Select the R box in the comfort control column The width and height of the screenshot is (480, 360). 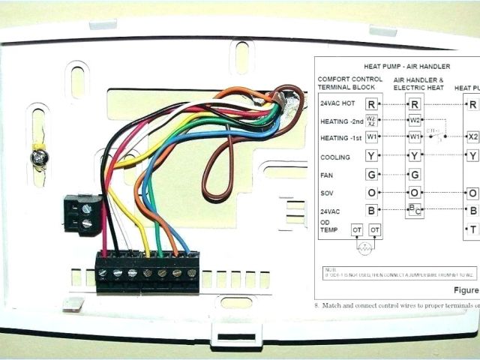pos(371,103)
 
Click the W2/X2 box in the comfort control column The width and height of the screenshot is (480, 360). pos(371,120)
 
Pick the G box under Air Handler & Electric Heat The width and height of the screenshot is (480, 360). pos(415,175)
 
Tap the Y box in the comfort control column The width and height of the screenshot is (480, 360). pos(371,156)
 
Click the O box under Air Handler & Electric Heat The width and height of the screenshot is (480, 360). pos(415,193)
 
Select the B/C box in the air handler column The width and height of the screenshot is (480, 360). pos(415,211)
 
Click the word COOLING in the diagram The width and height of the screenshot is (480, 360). pos(335,157)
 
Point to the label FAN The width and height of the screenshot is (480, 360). pos(326,175)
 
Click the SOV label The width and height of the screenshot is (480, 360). pos(327,193)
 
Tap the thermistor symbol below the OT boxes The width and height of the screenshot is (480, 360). pos(366,246)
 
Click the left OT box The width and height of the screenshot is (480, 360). pos(358,229)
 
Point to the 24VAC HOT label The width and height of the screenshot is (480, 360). pos(337,103)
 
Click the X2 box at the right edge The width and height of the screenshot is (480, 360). pos(472,137)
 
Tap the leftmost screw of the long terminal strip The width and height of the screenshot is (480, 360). pos(103,273)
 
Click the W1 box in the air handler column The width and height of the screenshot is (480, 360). pos(415,137)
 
